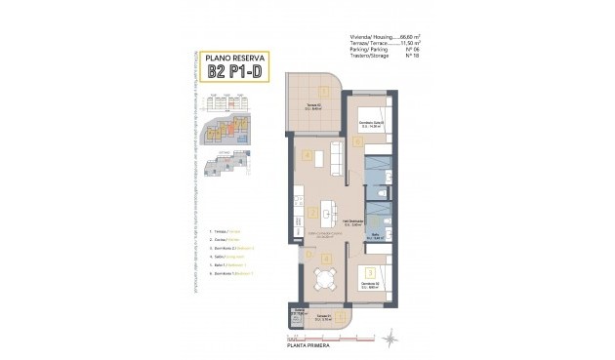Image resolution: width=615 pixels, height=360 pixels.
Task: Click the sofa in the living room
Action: click(x=336, y=155)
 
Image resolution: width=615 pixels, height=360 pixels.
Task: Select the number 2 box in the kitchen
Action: click(x=310, y=212)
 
